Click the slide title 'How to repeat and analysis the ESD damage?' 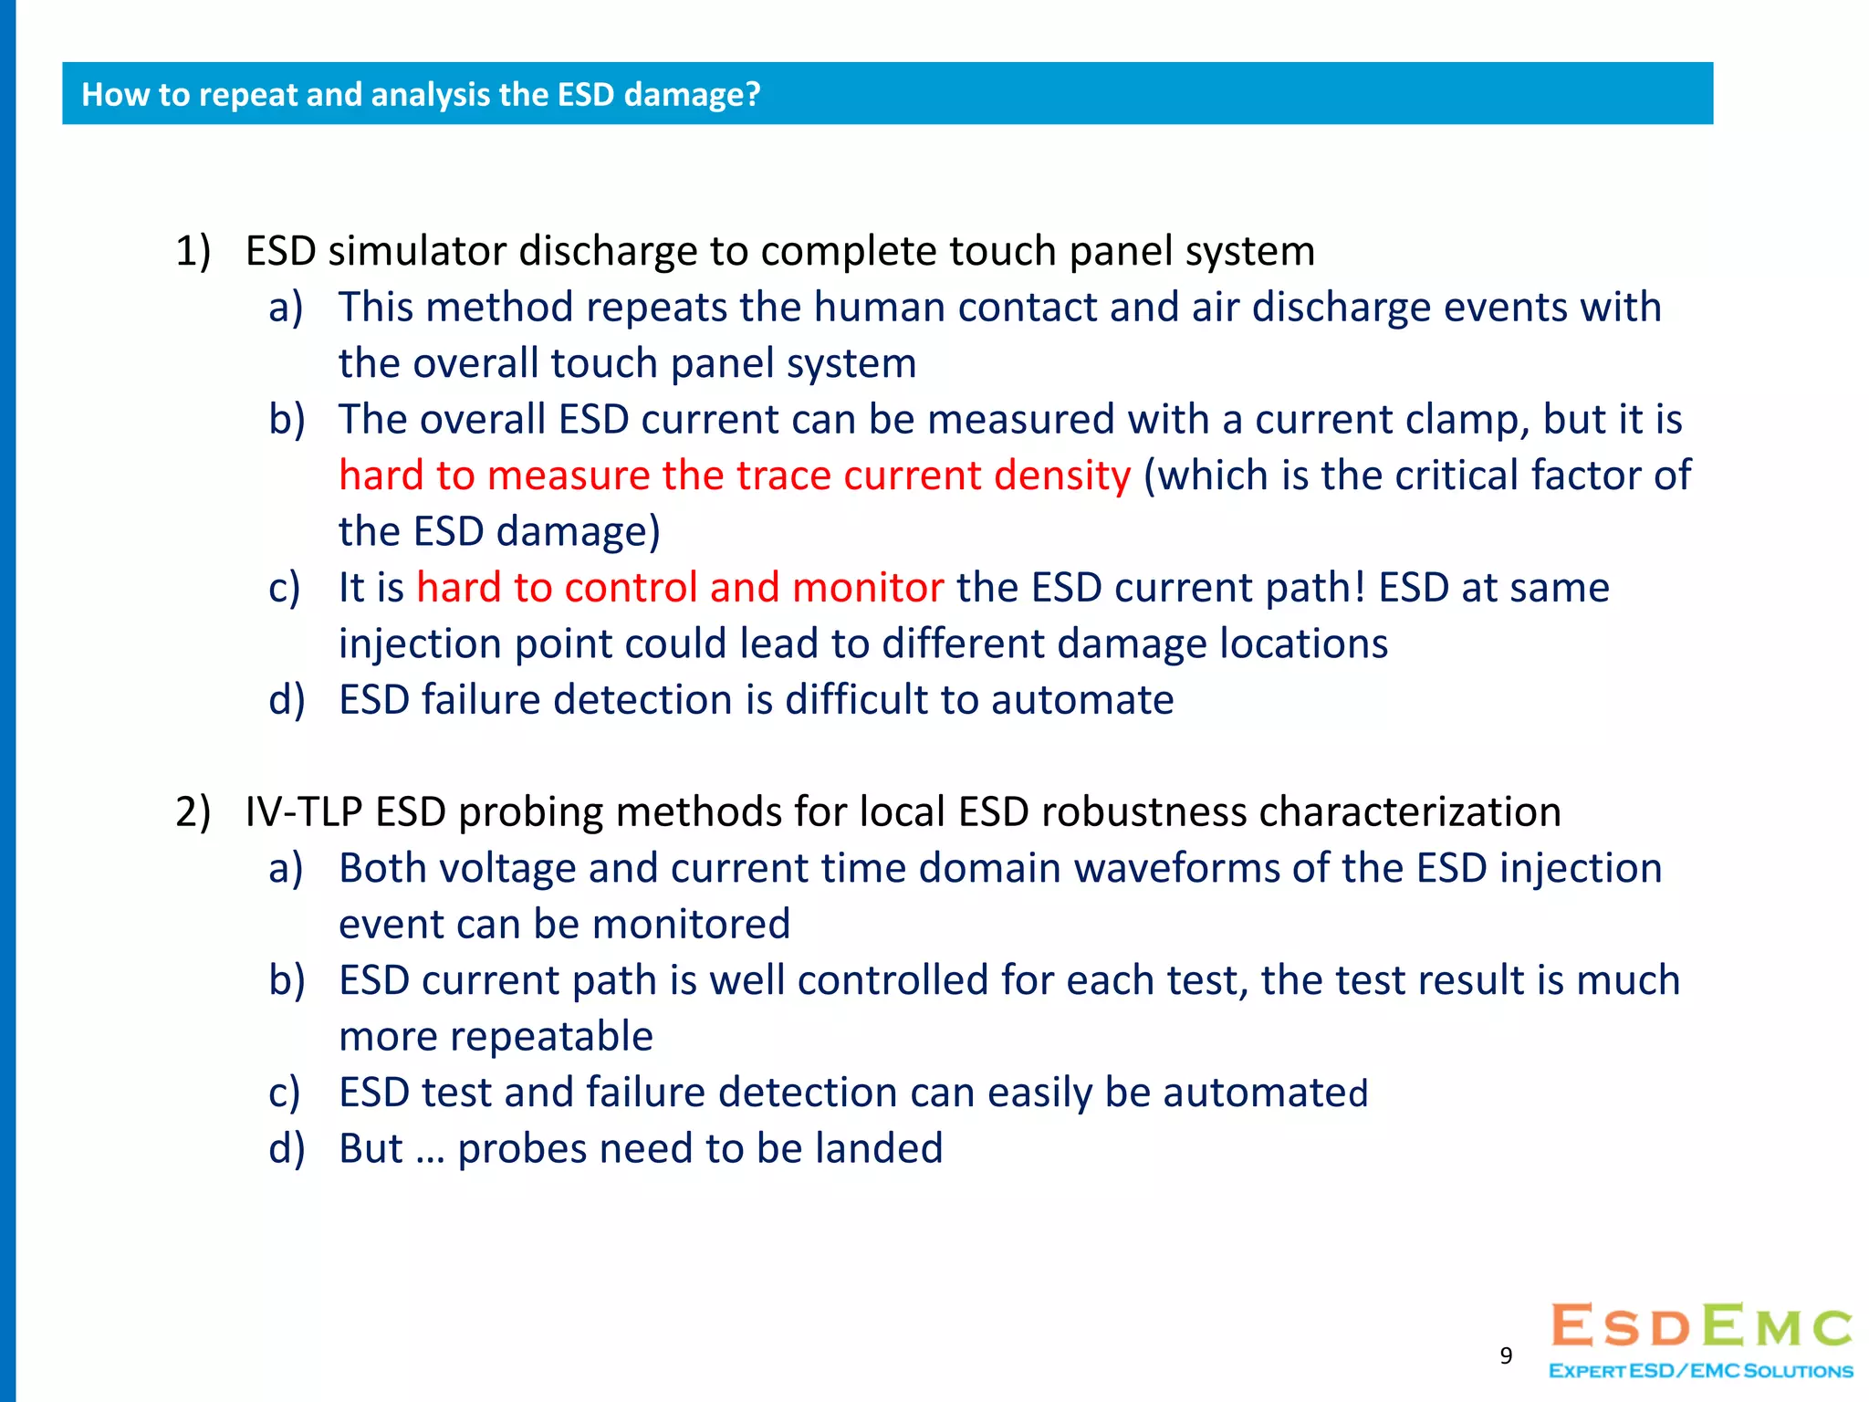tap(421, 94)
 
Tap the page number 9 tap(1506, 1355)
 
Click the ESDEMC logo tap(1701, 1327)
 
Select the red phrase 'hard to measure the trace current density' tap(735, 476)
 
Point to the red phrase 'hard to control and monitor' tap(680, 588)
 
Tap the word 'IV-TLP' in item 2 tap(304, 812)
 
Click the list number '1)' tap(193, 251)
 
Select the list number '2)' tap(193, 812)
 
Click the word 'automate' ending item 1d tap(1082, 700)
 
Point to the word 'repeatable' tap(496, 1037)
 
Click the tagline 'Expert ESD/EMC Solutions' tap(1701, 1371)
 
